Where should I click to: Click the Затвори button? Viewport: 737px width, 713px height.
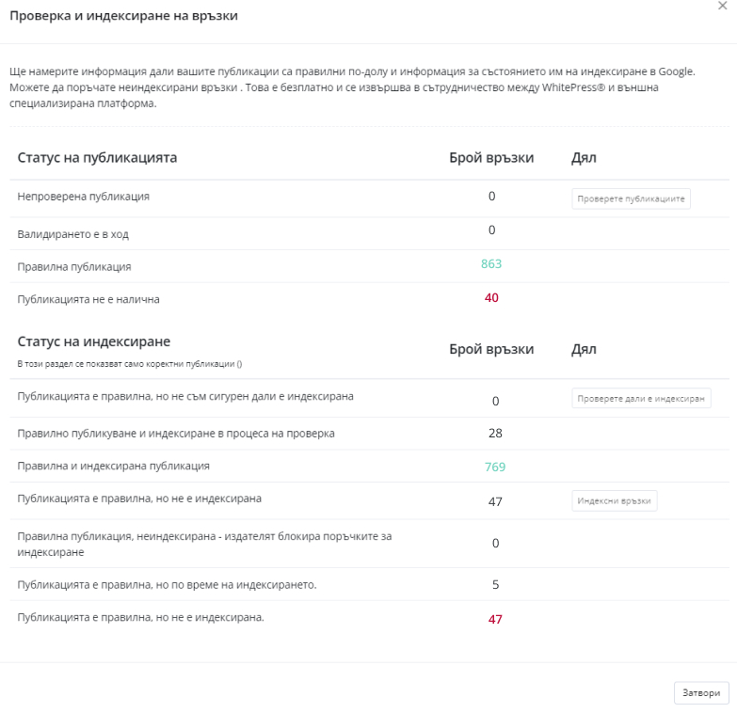(x=701, y=692)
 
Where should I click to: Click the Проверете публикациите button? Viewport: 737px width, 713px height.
(x=632, y=198)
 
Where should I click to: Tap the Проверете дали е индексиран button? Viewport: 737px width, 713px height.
(x=641, y=398)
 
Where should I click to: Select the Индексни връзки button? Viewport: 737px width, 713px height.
(x=614, y=500)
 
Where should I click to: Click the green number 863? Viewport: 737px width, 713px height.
(x=491, y=264)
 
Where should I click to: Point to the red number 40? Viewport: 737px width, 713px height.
(x=491, y=298)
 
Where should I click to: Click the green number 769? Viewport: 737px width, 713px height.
(x=495, y=467)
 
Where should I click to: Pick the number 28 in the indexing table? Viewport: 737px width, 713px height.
(x=495, y=434)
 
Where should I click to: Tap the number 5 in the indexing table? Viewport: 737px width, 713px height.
(x=495, y=585)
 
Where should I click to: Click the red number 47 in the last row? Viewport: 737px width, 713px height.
(x=495, y=619)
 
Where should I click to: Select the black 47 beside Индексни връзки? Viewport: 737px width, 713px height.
(x=495, y=501)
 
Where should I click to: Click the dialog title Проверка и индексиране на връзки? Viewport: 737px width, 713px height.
(x=123, y=16)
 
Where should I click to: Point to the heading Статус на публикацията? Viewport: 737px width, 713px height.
(x=97, y=158)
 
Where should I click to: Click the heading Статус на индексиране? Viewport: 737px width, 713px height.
(x=93, y=341)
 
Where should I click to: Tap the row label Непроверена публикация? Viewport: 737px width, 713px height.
(x=83, y=197)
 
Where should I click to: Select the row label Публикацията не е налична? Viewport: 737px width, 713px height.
(x=88, y=299)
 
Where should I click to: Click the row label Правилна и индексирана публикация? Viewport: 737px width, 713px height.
(x=113, y=466)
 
